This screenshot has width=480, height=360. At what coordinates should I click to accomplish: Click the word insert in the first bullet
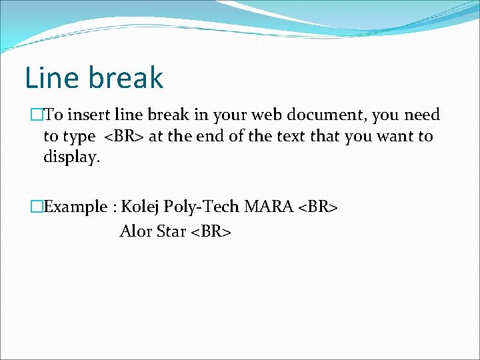point(85,115)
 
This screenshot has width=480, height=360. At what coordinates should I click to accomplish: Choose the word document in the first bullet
point(328,115)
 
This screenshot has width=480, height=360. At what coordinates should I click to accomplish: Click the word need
point(420,115)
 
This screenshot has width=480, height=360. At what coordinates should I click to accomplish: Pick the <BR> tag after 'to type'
point(125,137)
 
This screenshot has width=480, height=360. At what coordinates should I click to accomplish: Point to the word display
point(71,158)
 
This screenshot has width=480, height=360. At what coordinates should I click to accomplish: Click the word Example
point(75,207)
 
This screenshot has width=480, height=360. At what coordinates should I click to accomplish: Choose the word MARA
point(269,207)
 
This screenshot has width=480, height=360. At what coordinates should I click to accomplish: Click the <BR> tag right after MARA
point(318,207)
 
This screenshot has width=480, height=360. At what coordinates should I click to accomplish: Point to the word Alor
point(135,232)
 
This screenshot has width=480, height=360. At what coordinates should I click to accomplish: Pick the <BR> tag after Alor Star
point(211,232)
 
